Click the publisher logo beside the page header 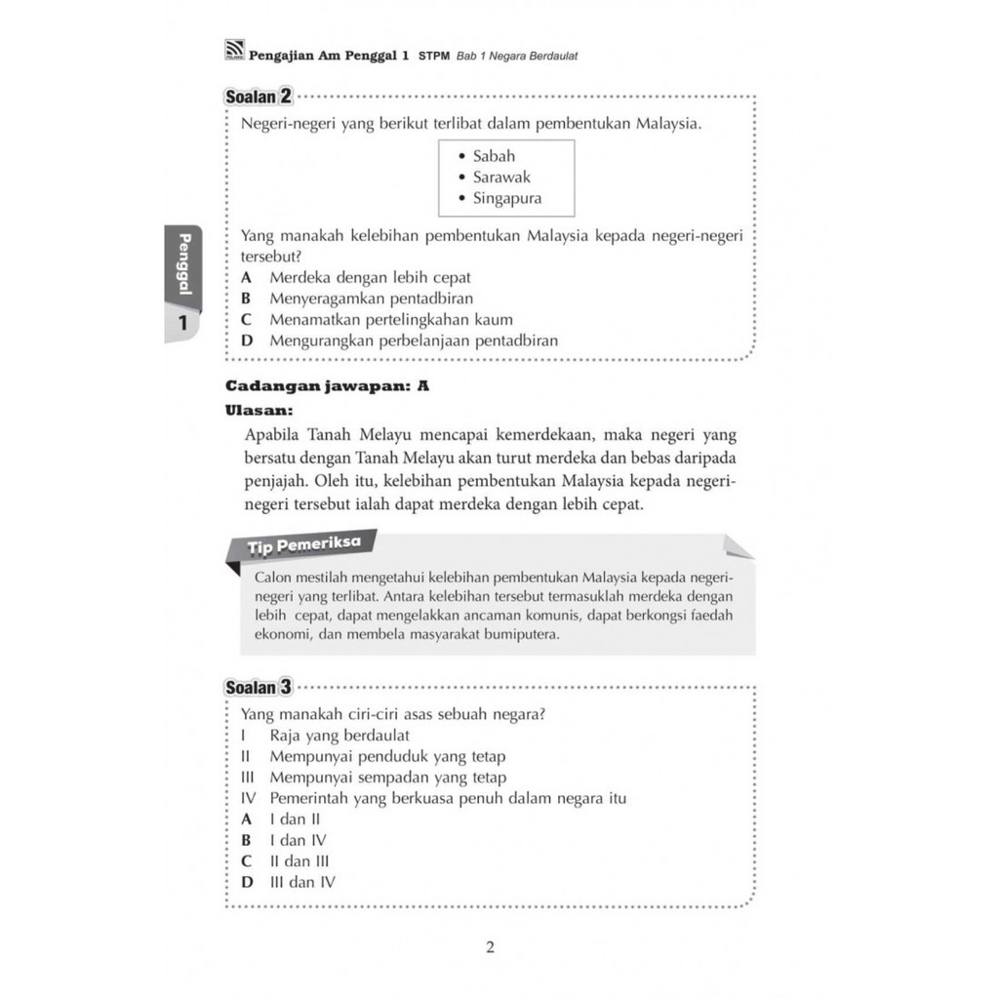pos(234,55)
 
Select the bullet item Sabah pos(494,156)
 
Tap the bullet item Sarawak pos(501,178)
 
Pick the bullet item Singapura pos(506,199)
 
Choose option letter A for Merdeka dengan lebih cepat pos(246,277)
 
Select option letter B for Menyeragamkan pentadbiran pos(246,299)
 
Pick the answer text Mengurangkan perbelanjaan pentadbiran pos(414,341)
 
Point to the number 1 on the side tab pos(182,325)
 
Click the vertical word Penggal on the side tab pos(182,264)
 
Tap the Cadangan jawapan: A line pos(327,385)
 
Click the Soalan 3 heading pos(259,687)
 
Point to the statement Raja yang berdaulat pos(340,735)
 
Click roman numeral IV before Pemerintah pos(248,799)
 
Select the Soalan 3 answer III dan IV pos(302,883)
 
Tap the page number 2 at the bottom pos(490,947)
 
